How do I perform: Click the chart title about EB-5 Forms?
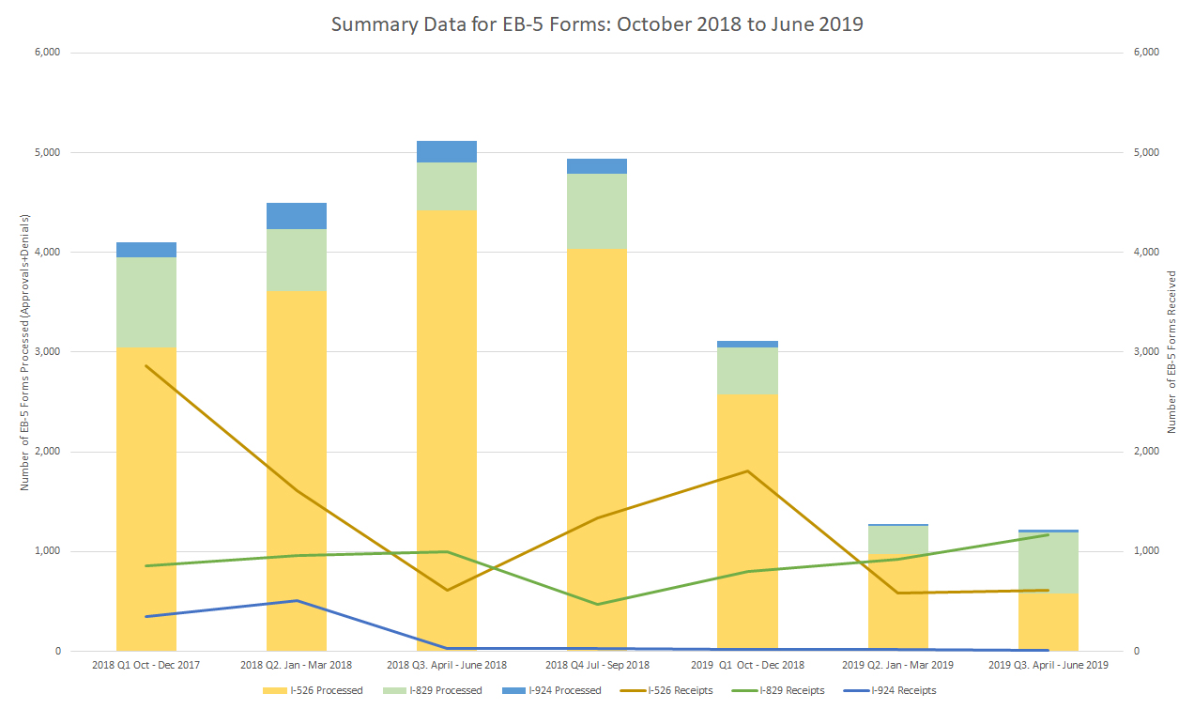click(597, 24)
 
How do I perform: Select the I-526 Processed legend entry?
click(314, 690)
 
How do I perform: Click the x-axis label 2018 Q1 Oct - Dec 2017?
click(145, 665)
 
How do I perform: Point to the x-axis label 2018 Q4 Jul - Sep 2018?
click(596, 665)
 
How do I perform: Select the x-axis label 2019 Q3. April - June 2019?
click(1048, 665)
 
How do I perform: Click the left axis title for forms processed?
click(26, 352)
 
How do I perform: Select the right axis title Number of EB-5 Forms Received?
click(1171, 352)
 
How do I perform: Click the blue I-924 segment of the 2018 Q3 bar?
click(447, 151)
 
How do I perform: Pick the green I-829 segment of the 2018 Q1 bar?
click(146, 301)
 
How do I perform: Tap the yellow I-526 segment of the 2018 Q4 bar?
click(597, 451)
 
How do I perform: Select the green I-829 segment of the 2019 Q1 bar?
click(747, 370)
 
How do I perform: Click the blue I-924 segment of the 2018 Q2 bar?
click(297, 216)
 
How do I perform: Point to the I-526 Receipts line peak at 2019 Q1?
click(747, 470)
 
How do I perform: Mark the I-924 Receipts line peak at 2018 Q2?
click(297, 600)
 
